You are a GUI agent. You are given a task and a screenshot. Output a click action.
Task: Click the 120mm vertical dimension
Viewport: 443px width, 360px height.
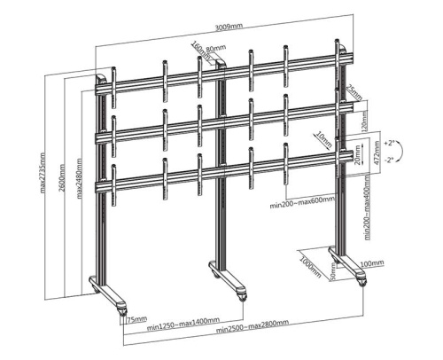coord(365,120)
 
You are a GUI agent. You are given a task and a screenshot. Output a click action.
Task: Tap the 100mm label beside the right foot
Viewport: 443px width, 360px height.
coord(373,264)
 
